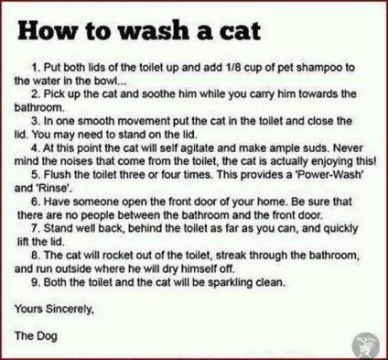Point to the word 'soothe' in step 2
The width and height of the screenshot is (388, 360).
(137, 94)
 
